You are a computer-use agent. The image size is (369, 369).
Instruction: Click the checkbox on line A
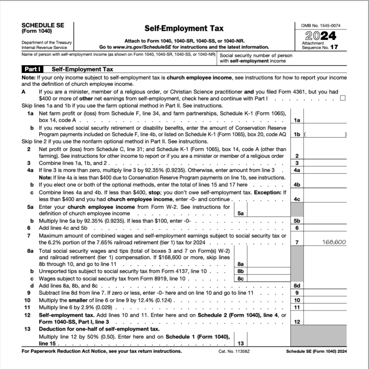(343, 98)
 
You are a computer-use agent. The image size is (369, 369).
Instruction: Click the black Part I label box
(34, 69)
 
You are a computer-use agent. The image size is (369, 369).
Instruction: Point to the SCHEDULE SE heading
(43, 25)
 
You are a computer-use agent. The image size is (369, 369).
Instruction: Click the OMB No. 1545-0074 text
(321, 25)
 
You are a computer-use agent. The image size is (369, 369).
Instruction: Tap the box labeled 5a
(240, 213)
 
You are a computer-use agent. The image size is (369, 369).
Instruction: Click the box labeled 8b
(240, 271)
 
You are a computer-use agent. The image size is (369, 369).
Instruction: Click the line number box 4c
(297, 199)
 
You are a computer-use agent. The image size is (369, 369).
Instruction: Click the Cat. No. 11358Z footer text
(234, 351)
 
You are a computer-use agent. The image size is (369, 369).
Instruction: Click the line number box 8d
(297, 286)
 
